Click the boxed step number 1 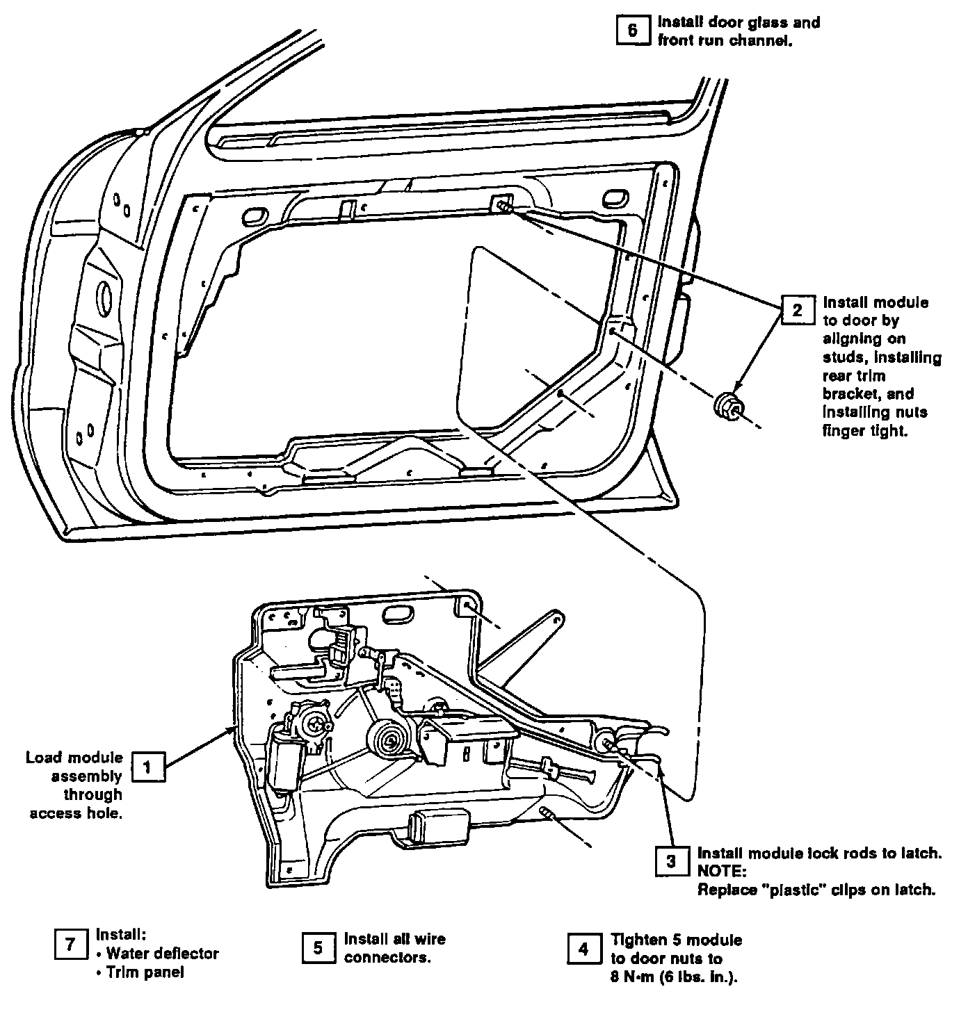(147, 767)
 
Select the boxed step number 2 (797, 310)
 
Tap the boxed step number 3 (671, 862)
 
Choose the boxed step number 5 (318, 947)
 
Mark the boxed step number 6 (632, 31)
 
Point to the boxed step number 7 (70, 945)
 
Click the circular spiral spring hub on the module (387, 740)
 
